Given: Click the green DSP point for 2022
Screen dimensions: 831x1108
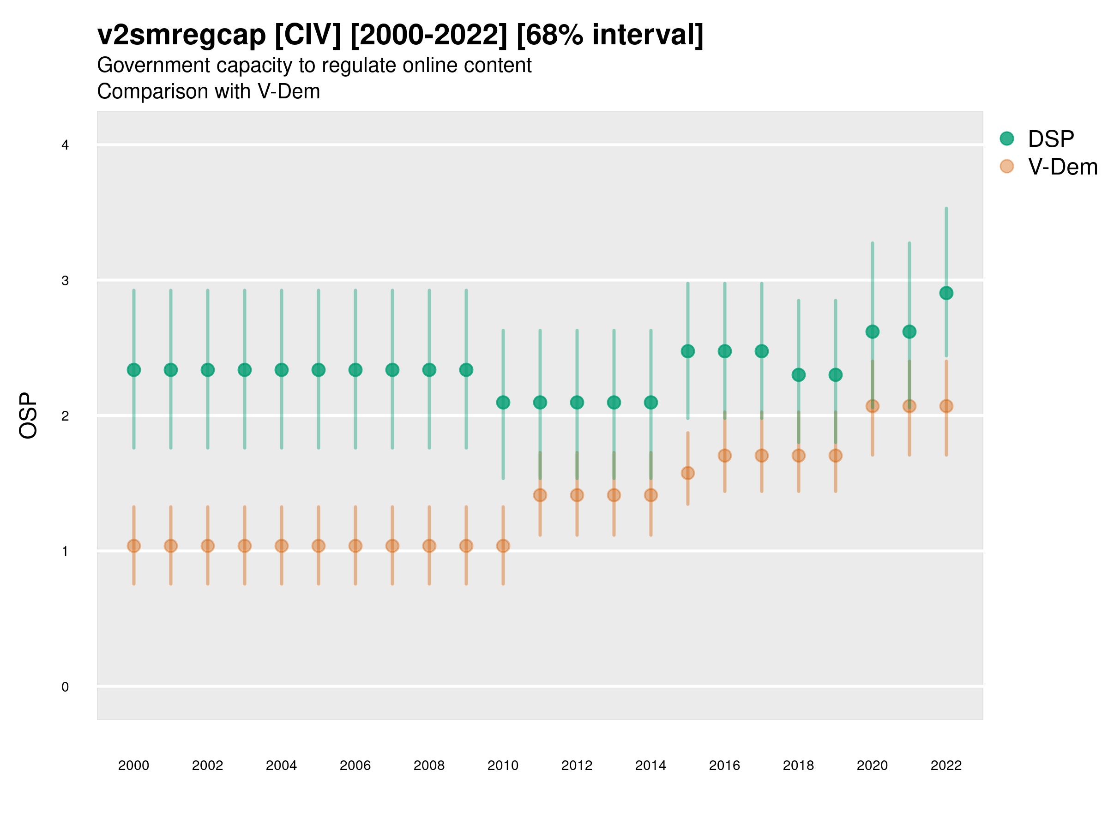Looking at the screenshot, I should click(946, 293).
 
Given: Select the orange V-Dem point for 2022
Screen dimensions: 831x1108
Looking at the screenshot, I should click(946, 406).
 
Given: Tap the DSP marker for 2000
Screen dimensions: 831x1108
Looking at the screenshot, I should click(134, 370).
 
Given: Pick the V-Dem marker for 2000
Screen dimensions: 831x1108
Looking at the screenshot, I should click(134, 546).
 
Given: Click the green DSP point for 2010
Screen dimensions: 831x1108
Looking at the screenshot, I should click(503, 402).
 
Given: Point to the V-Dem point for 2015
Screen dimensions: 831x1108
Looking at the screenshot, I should click(688, 473).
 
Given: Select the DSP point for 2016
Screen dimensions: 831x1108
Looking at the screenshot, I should click(725, 351).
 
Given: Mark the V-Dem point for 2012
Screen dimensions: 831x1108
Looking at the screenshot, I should click(577, 495).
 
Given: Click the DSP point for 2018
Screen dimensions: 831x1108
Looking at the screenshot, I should click(798, 375).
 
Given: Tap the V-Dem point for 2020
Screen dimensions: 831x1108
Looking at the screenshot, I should click(873, 406).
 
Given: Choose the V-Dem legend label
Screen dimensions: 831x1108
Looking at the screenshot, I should click(1062, 167).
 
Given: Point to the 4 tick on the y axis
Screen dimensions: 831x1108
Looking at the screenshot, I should click(65, 145).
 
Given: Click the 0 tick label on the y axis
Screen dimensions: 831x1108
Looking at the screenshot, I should click(65, 687).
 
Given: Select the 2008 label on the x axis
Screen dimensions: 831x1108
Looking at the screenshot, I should click(429, 765).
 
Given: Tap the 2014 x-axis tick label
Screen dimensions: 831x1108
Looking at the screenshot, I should click(650, 765).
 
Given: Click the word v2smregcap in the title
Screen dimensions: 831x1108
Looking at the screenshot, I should click(181, 35).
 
